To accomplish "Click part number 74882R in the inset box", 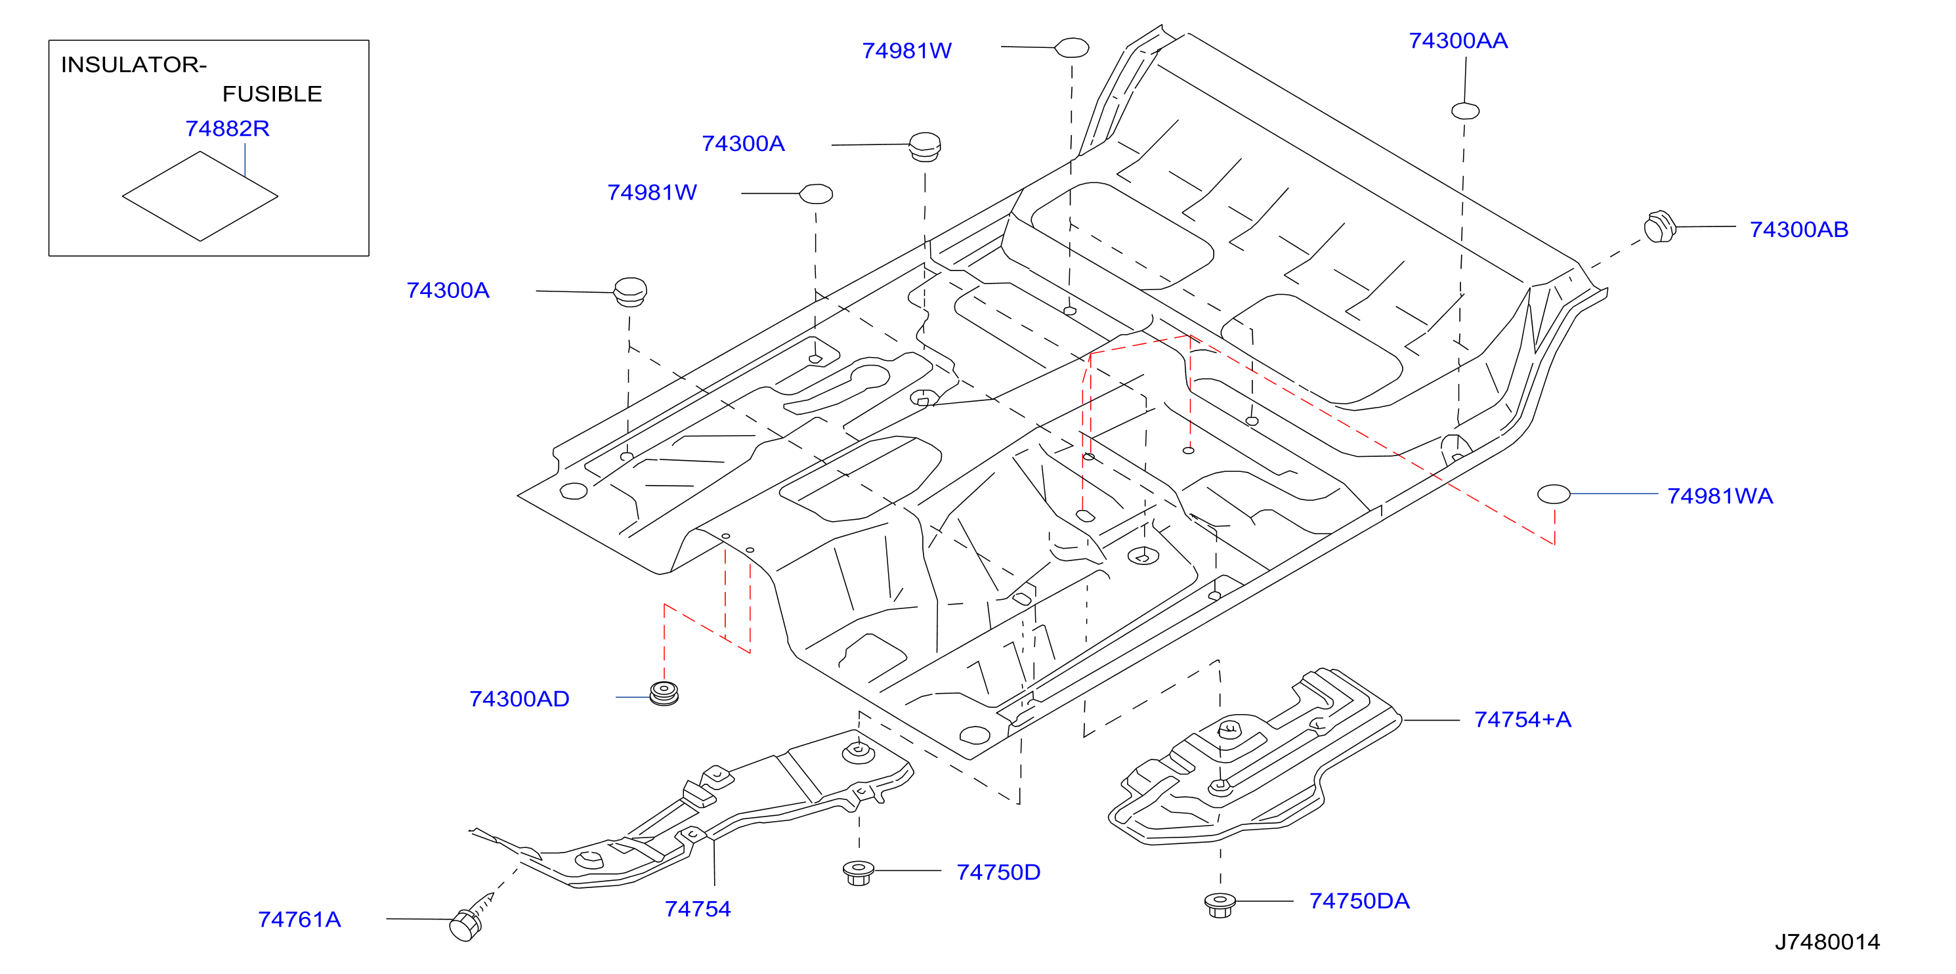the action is pos(227,128).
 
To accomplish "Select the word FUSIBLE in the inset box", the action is pos(272,94).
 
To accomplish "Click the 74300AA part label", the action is pos(1458,40).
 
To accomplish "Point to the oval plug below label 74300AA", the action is pos(1465,111).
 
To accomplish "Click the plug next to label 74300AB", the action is pos(1660,226).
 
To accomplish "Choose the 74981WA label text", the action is pos(1720,496).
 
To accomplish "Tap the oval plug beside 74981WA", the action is pos(1553,494).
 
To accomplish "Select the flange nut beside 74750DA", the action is pos(1220,905).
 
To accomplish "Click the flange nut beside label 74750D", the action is pos(858,872).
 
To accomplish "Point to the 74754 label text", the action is pos(697,909).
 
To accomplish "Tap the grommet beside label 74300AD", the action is pos(664,693).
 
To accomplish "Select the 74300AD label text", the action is pos(519,698).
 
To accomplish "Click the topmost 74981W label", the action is pos(906,50).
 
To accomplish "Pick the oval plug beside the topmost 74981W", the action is pos(1071,48).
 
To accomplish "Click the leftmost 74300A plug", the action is pos(629,291).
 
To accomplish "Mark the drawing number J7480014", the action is pos(1827,941).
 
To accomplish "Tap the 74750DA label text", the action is pos(1359,900).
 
